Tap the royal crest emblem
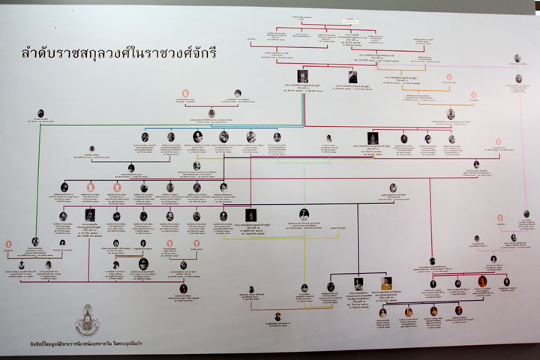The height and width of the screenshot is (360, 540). pos(88,319)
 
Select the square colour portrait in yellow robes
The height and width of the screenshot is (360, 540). pos(386,284)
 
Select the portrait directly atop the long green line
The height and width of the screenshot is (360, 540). pos(40,114)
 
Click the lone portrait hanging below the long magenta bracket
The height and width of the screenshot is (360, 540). pos(183,289)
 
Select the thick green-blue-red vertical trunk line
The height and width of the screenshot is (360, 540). pos(303,105)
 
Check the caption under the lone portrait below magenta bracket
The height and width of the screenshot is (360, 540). pos(183,300)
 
